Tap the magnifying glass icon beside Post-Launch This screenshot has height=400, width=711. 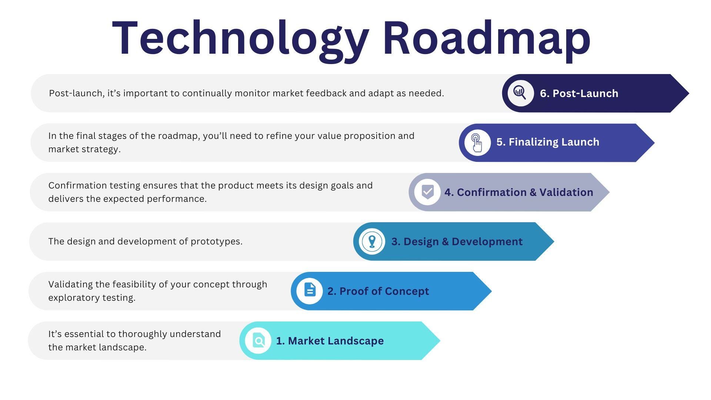[x=520, y=93]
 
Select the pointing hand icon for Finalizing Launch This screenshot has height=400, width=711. [x=477, y=143]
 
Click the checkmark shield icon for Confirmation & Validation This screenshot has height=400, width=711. [x=427, y=192]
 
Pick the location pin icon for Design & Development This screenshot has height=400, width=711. [x=372, y=242]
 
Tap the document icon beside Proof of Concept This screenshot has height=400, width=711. [x=310, y=291]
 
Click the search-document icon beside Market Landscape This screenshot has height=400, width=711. [x=258, y=341]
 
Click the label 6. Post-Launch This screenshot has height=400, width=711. [x=579, y=93]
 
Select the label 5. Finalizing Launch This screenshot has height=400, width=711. [x=548, y=142]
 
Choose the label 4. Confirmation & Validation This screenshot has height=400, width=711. [x=518, y=192]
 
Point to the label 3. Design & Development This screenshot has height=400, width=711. [x=457, y=242]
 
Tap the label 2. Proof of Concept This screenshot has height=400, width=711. [x=378, y=291]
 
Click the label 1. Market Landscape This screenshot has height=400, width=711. [x=330, y=341]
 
